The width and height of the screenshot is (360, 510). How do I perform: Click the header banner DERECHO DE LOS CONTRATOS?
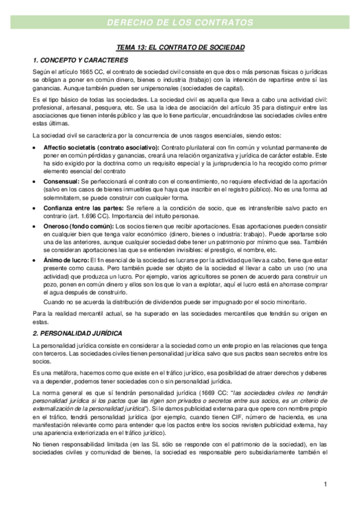(180, 23)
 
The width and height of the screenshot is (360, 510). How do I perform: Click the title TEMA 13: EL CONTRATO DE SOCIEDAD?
(180, 46)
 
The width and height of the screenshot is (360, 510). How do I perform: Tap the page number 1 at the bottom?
(325, 484)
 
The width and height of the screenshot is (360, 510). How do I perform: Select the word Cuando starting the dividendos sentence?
(54, 302)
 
